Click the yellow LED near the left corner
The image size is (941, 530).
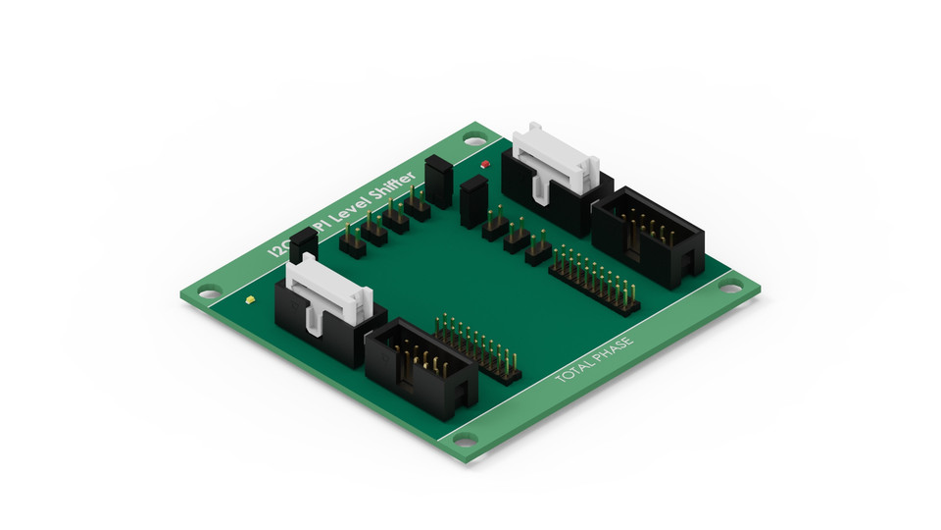[x=251, y=299]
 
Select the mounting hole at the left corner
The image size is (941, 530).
[x=208, y=291]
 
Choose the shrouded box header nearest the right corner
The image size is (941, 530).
[x=649, y=236]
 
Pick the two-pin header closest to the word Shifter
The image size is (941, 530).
[x=418, y=204]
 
